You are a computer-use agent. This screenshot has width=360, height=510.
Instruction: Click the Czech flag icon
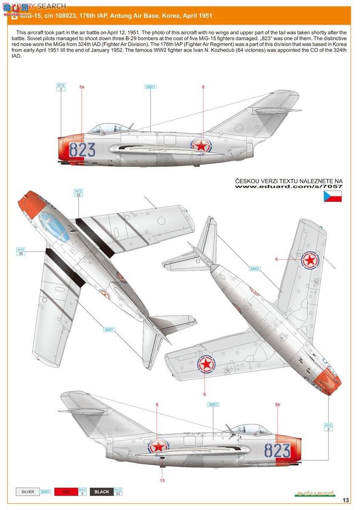[333, 196]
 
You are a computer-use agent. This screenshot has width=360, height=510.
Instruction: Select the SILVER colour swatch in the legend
[28, 492]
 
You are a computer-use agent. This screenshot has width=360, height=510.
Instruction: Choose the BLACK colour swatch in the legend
[102, 492]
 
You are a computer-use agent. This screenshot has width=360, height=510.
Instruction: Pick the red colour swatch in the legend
[66, 492]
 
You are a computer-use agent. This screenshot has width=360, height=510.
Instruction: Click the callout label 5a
[82, 87]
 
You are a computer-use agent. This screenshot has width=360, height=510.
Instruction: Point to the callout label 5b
[278, 405]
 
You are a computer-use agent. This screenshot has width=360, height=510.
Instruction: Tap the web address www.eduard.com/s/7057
[289, 186]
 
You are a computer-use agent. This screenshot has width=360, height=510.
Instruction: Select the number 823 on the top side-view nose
[82, 150]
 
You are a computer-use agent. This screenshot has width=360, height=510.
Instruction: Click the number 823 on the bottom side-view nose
[277, 450]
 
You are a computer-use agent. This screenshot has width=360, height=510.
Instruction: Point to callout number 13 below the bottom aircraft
[162, 480]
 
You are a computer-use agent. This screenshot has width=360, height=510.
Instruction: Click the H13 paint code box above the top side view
[61, 87]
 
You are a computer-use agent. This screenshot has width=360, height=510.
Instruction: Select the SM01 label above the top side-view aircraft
[151, 87]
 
